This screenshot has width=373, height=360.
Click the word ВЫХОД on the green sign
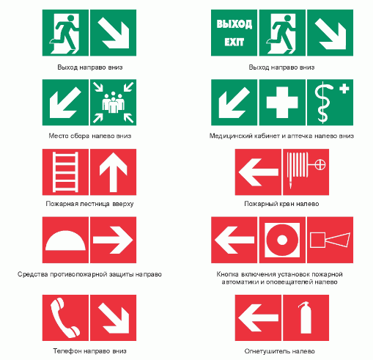click(234, 24)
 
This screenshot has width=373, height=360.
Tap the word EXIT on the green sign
click(234, 42)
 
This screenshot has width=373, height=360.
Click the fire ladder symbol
click(65, 172)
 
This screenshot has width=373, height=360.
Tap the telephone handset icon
click(64, 317)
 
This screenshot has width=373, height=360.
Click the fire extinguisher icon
click(305, 317)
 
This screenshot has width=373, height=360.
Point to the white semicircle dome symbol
click(65, 240)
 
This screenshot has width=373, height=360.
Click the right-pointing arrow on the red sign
click(113, 240)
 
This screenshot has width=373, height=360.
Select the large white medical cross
click(282, 102)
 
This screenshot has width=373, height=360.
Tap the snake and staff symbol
click(323, 102)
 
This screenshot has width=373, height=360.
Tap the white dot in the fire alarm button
click(282, 240)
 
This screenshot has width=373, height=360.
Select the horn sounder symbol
click(330, 240)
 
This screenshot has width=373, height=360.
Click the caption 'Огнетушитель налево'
click(279, 351)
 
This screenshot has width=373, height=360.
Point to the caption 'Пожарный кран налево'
click(281, 204)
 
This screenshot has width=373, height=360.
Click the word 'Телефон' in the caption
click(67, 351)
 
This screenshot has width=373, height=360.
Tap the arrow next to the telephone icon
click(114, 318)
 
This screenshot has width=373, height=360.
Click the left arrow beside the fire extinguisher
click(258, 317)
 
